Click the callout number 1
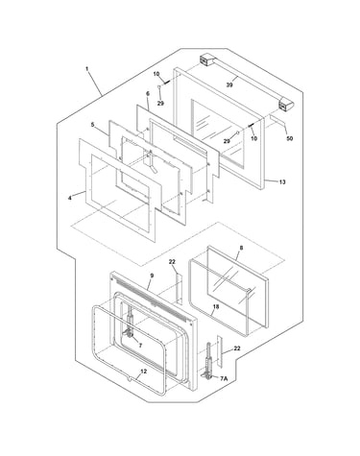tap(86, 69)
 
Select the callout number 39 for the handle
tap(229, 84)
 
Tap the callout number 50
tap(289, 138)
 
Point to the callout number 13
tap(282, 182)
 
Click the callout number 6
tap(148, 94)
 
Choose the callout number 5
tap(92, 125)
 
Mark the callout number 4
tap(70, 198)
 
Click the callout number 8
tap(241, 248)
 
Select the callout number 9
tap(152, 276)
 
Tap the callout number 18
tap(216, 306)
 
